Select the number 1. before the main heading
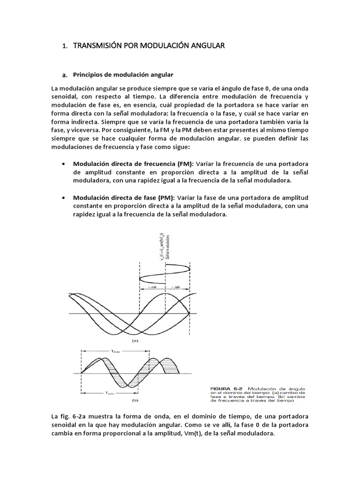click(x=65, y=46)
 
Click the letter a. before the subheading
click(x=65, y=75)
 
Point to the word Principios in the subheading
click(x=89, y=75)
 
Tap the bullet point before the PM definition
click(x=63, y=198)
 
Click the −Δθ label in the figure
click(x=152, y=286)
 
